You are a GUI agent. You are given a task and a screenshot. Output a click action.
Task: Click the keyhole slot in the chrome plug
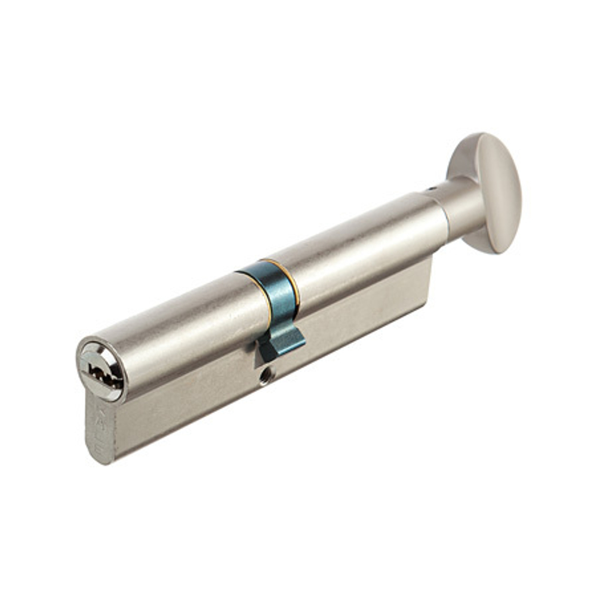pyautogui.click(x=102, y=371)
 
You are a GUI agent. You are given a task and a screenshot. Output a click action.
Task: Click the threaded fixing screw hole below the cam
pyautogui.click(x=264, y=378)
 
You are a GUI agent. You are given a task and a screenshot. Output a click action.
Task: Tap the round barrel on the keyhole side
pyautogui.click(x=179, y=322)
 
